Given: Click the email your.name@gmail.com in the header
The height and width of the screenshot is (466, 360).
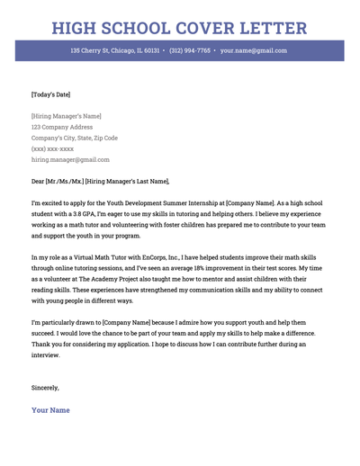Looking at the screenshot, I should point(254,51).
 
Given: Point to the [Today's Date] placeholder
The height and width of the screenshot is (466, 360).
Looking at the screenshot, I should point(50,94).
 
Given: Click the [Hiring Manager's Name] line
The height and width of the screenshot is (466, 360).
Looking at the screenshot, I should point(66,116).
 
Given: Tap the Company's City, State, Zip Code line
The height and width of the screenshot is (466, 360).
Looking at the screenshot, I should point(74,138).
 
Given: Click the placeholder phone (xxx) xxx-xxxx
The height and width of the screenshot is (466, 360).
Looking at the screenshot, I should point(52,148).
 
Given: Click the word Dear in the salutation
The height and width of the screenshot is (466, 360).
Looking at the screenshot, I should point(39,181).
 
